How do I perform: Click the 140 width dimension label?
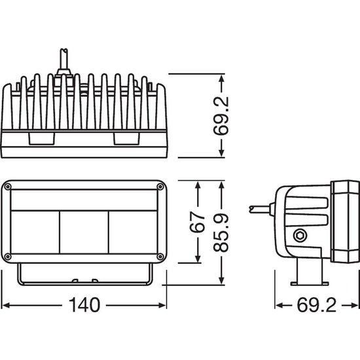tap(84, 305)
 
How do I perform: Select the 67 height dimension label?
tap(197, 223)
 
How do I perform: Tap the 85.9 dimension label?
tap(221, 233)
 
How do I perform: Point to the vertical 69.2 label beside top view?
tap(221, 116)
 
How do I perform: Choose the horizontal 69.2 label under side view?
tap(317, 305)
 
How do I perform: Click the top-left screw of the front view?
tap(8, 187)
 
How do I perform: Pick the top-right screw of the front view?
tap(160, 187)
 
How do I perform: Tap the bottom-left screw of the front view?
tap(8, 256)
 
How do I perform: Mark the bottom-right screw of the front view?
tap(160, 256)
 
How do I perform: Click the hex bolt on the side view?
tap(300, 236)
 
